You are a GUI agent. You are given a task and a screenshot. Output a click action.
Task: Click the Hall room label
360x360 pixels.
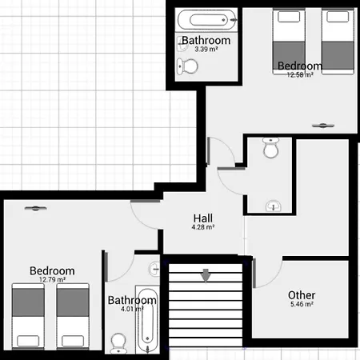pyautogui.click(x=203, y=218)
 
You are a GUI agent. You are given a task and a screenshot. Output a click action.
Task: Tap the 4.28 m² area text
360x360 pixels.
pyautogui.click(x=203, y=227)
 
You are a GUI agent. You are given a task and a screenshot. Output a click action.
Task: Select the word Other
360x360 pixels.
pyautogui.click(x=302, y=295)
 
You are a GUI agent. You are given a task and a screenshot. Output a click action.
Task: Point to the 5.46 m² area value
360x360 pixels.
pyautogui.click(x=302, y=304)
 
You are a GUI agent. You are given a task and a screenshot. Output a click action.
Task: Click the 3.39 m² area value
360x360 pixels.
pyautogui.click(x=206, y=49)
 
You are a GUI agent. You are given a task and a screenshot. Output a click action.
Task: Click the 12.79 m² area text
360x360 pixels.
pyautogui.click(x=52, y=279)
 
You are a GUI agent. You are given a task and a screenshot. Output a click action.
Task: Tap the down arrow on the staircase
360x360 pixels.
pyautogui.click(x=206, y=276)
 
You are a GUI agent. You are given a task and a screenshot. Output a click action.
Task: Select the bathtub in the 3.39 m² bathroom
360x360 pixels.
pyautogui.click(x=207, y=20)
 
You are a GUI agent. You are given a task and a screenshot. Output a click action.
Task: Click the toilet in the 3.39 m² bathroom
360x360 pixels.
pyautogui.click(x=187, y=66)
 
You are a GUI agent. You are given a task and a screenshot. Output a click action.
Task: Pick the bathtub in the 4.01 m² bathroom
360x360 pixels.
pyautogui.click(x=147, y=319)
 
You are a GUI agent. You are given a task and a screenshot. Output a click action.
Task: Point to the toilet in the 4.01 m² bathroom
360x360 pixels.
pyautogui.click(x=118, y=343)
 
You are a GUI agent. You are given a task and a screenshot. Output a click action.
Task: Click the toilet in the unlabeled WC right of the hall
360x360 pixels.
pyautogui.click(x=270, y=148)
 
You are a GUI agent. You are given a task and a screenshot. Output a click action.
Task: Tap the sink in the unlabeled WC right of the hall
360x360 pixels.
pyautogui.click(x=274, y=206)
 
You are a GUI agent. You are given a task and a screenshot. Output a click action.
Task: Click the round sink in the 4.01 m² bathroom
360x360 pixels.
pyautogui.click(x=154, y=269)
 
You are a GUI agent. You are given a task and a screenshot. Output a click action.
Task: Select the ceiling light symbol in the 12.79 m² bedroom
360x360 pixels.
pyautogui.click(x=35, y=208)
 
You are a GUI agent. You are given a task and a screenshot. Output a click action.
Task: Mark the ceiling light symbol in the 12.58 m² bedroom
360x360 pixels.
pyautogui.click(x=323, y=126)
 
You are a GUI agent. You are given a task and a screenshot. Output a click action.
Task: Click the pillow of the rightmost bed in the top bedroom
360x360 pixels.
pyautogui.click(x=338, y=17)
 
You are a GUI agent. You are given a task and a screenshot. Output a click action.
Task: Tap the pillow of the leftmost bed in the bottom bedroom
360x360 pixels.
pyautogui.click(x=28, y=341)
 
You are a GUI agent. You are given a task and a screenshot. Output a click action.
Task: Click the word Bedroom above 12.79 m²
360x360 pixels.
pyautogui.click(x=52, y=271)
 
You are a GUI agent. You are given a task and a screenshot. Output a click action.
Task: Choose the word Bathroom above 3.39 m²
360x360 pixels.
pyautogui.click(x=206, y=41)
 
